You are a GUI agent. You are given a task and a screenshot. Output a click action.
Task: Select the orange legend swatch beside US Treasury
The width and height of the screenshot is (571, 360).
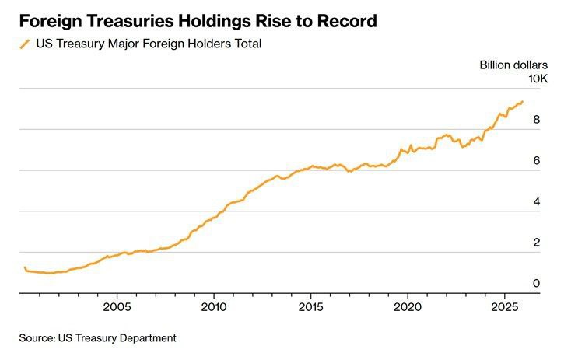coord(25,44)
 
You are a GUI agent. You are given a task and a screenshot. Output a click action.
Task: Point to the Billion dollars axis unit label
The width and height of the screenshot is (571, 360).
coord(513,65)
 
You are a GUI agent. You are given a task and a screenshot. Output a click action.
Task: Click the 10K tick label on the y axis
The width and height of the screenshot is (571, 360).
coord(538,79)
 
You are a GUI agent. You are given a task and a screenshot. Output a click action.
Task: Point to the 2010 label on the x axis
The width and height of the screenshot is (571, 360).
coord(214,306)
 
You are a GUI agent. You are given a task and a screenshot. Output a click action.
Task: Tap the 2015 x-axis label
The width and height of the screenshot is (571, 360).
coord(311,306)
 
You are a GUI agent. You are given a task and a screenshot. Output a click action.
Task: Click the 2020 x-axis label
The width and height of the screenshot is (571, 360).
coord(408,306)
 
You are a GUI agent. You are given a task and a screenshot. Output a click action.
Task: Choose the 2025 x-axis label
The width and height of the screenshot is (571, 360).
coord(505,306)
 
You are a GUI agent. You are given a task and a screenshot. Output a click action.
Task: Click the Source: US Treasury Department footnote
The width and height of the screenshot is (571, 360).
coord(98,338)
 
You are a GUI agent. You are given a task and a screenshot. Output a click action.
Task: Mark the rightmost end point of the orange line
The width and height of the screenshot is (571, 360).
coord(523,101)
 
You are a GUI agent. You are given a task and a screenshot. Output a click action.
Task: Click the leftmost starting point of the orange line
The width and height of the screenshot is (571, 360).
coord(25,267)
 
